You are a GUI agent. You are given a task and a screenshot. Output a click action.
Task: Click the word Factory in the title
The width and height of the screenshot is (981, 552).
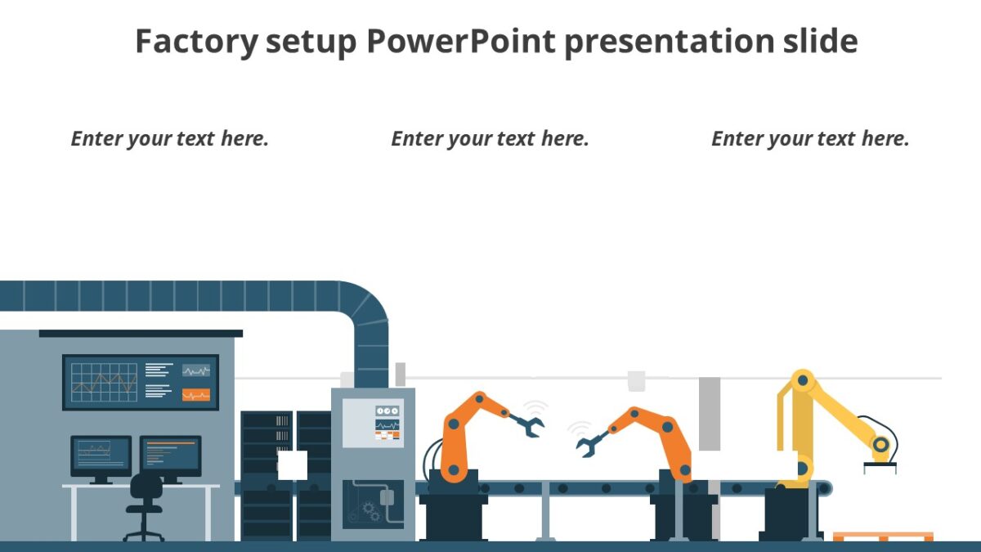[195, 41]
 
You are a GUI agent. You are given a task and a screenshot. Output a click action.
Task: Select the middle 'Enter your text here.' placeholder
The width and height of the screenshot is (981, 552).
[490, 139]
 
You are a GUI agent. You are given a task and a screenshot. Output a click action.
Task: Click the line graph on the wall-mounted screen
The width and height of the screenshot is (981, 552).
[103, 382]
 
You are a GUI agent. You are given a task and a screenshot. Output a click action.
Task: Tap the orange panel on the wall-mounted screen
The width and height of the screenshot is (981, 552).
[196, 395]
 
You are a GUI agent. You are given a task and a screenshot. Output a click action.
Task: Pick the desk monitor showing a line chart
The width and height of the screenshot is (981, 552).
[100, 455]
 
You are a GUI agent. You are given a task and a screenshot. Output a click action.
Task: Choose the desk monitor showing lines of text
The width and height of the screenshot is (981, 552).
[170, 455]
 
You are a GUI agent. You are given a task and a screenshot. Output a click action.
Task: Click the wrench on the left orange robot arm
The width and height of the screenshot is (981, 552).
[526, 424]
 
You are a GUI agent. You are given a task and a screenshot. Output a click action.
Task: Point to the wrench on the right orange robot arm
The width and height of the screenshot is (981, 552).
[590, 442]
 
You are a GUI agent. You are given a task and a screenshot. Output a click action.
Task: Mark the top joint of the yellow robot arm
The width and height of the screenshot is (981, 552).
[804, 380]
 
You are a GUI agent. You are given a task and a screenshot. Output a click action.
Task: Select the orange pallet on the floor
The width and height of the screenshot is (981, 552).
[882, 536]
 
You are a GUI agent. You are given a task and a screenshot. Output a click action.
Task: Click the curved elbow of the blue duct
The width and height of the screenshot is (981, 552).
[368, 311]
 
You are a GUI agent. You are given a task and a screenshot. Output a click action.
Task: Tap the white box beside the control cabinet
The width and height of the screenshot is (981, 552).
[292, 464]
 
